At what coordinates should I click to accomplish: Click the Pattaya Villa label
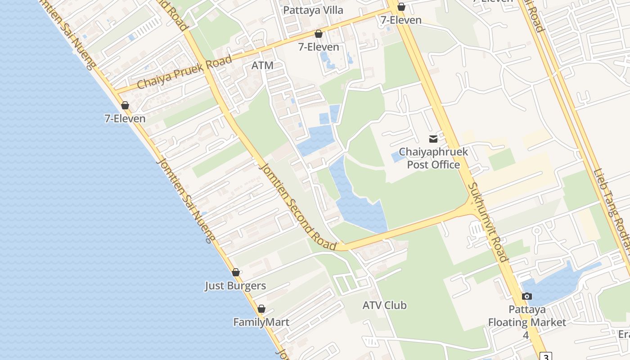313,10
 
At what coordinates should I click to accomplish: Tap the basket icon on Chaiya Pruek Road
319,34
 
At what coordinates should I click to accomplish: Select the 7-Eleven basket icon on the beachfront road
125,105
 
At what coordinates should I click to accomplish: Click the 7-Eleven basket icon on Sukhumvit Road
401,7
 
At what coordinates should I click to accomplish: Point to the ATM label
262,66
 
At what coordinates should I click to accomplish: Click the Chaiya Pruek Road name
184,72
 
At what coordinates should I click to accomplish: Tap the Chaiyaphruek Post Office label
433,158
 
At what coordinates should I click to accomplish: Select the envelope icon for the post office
433,139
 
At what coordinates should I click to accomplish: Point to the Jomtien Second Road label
297,207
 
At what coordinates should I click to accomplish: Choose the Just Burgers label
235,286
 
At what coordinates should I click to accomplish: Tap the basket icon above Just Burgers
235,272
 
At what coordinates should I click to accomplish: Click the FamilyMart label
261,322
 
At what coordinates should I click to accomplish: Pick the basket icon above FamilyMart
261,309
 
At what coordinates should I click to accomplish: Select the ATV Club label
384,306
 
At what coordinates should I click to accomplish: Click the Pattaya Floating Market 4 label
527,322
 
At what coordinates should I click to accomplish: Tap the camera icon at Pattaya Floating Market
526,296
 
